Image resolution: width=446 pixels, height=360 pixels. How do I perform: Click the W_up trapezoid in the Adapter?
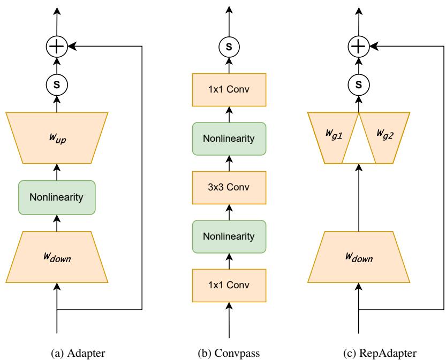[x=57, y=137]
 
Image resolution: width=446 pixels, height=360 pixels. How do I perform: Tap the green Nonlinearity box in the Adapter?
[x=57, y=197]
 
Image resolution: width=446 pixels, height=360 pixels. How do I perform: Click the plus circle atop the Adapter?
[x=57, y=47]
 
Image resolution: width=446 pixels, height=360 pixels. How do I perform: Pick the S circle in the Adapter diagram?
[x=57, y=85]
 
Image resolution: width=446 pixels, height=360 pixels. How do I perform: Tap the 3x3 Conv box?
[x=230, y=187]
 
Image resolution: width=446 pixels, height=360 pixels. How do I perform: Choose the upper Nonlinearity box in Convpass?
[x=230, y=139]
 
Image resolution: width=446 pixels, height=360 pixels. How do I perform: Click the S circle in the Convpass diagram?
[x=230, y=47]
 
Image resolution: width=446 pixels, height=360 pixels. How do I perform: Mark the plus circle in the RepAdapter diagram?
[x=358, y=47]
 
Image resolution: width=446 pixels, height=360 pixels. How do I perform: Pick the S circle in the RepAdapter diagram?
[x=358, y=85]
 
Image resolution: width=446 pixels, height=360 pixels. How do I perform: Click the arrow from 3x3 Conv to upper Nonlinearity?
[x=230, y=164]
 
